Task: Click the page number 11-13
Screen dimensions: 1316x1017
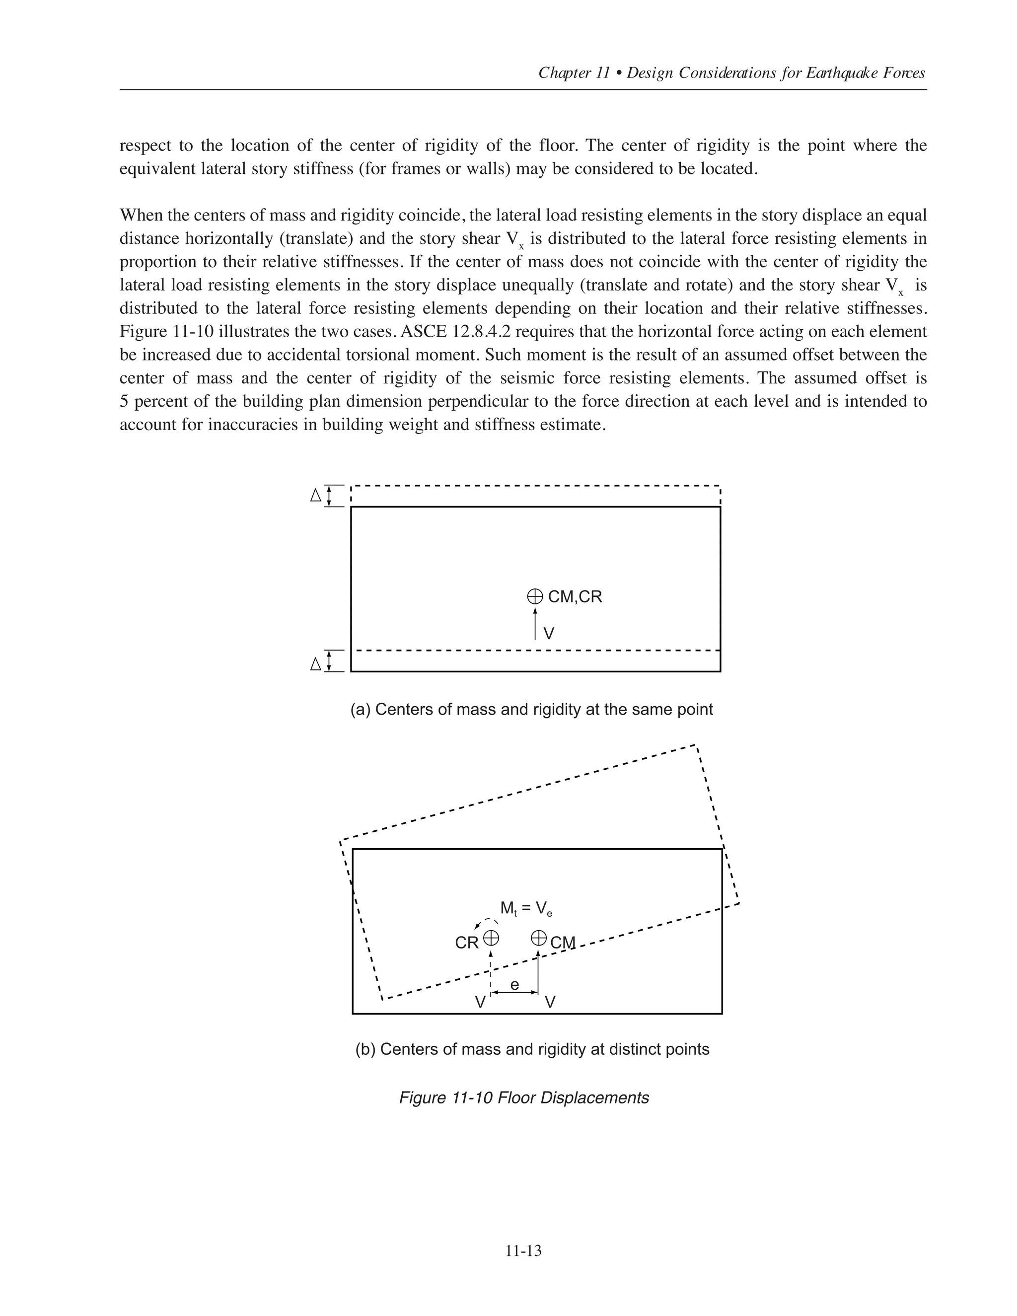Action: point(523,1251)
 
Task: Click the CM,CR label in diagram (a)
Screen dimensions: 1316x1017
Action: point(575,596)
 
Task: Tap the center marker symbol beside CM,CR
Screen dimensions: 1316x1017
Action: point(534,596)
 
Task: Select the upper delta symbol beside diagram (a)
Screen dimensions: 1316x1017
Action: point(315,496)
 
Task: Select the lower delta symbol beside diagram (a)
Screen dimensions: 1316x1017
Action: point(315,664)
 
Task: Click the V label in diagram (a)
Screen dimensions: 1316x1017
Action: point(549,634)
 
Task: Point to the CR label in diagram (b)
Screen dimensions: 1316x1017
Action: point(466,943)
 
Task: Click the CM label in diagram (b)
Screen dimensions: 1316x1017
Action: point(563,943)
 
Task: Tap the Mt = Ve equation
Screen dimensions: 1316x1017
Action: point(526,909)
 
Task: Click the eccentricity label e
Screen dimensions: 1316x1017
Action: point(514,985)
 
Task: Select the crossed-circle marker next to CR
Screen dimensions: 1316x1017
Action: point(491,938)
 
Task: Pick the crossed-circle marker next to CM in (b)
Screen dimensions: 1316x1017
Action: point(539,938)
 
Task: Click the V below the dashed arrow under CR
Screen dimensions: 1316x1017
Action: point(480,1003)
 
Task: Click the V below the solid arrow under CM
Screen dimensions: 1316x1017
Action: point(550,1003)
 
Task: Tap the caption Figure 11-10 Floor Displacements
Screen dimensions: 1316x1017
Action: point(523,1097)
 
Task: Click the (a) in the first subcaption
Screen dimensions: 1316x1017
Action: point(361,709)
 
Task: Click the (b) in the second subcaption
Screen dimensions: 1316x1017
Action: point(365,1049)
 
